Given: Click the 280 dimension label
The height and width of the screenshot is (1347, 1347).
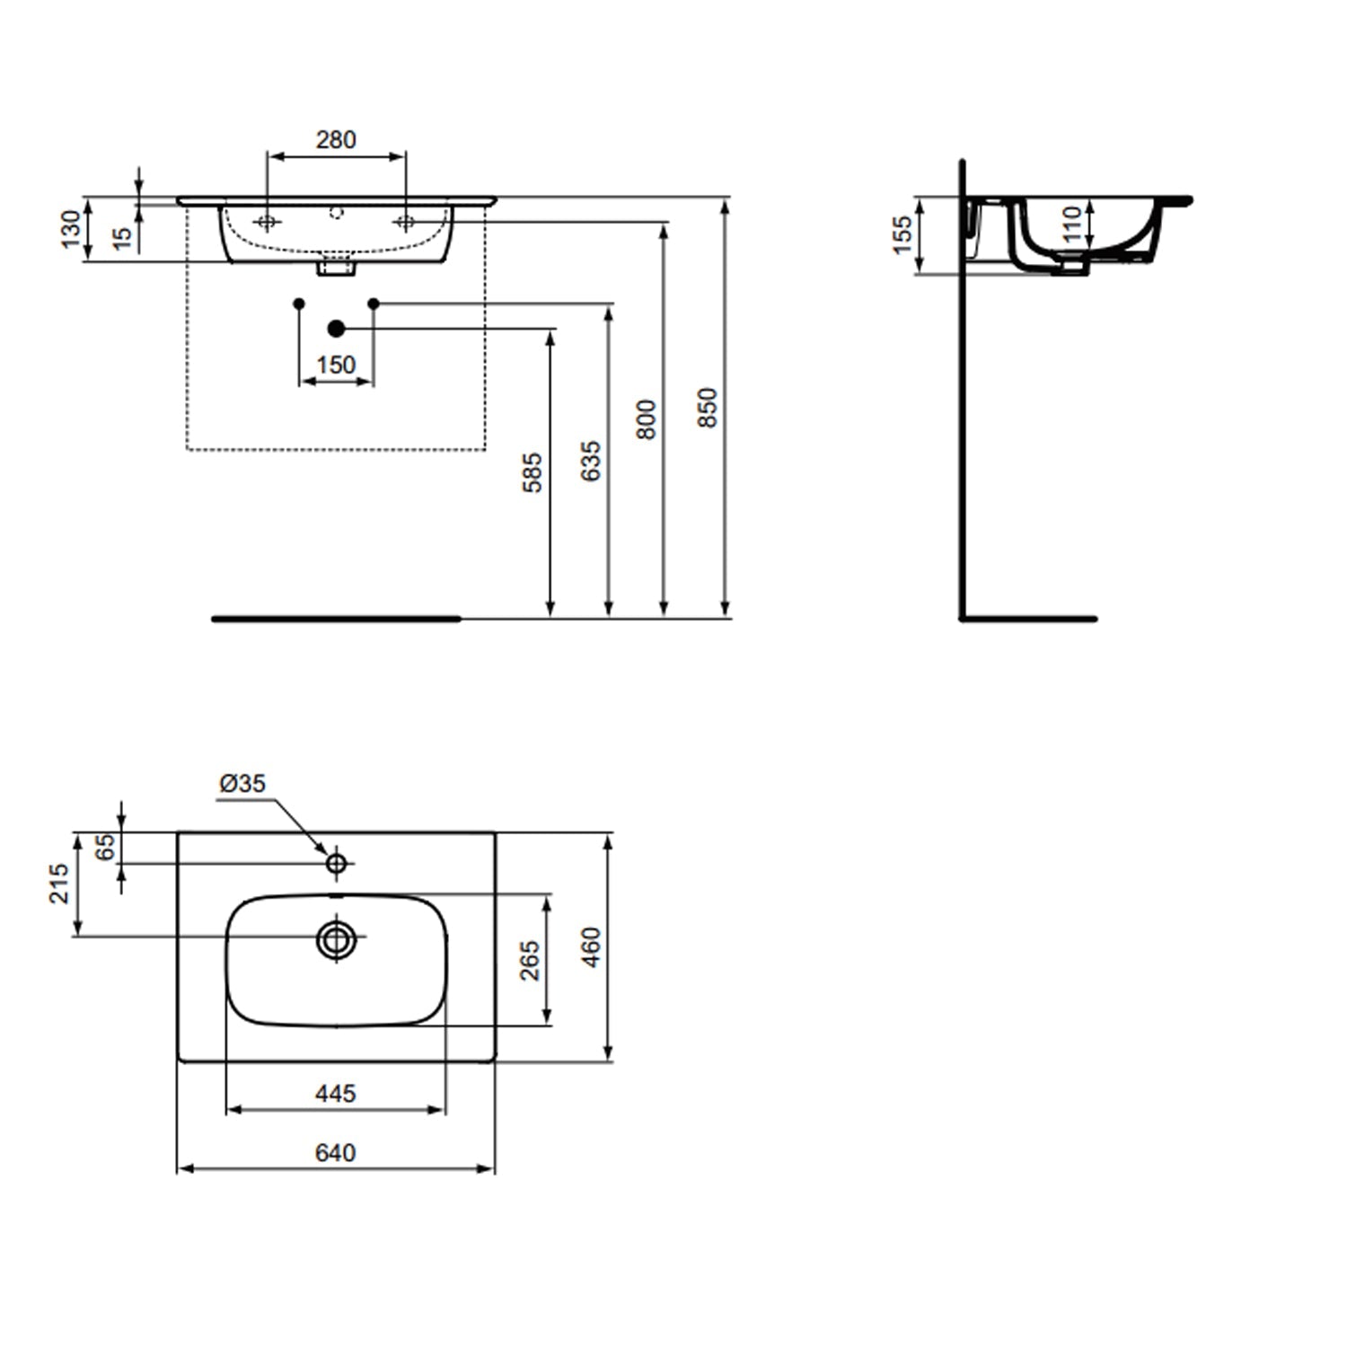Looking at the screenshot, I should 336,140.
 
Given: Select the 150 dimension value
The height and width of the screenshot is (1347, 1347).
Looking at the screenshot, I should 336,365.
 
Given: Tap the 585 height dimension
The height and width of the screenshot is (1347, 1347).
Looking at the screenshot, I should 533,472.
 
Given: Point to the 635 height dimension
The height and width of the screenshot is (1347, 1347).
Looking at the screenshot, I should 590,461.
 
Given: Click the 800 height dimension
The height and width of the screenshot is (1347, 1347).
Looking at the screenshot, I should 646,419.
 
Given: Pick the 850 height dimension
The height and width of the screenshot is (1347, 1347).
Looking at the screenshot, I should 708,407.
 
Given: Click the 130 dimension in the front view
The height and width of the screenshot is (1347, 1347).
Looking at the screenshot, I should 70,229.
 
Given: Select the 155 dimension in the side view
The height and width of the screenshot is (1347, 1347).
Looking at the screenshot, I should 902,235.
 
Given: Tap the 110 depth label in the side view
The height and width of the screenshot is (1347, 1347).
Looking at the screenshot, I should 1071,224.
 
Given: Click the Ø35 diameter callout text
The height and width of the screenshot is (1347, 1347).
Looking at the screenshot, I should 242,784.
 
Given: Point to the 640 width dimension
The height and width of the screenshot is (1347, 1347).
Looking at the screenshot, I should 336,1152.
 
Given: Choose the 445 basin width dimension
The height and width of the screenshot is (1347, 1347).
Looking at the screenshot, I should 336,1093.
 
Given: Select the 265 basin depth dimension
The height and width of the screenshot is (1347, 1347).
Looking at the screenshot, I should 530,960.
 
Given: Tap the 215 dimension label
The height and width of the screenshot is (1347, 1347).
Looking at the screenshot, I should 58,883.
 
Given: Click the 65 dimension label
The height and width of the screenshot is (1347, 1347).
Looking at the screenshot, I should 106,847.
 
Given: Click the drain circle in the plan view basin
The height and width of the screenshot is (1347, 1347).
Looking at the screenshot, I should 337,940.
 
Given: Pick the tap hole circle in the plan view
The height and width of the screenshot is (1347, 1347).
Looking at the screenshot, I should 337,864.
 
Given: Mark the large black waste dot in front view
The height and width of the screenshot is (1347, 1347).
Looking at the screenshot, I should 337,329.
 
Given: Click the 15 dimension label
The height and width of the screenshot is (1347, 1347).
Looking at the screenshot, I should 123,237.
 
